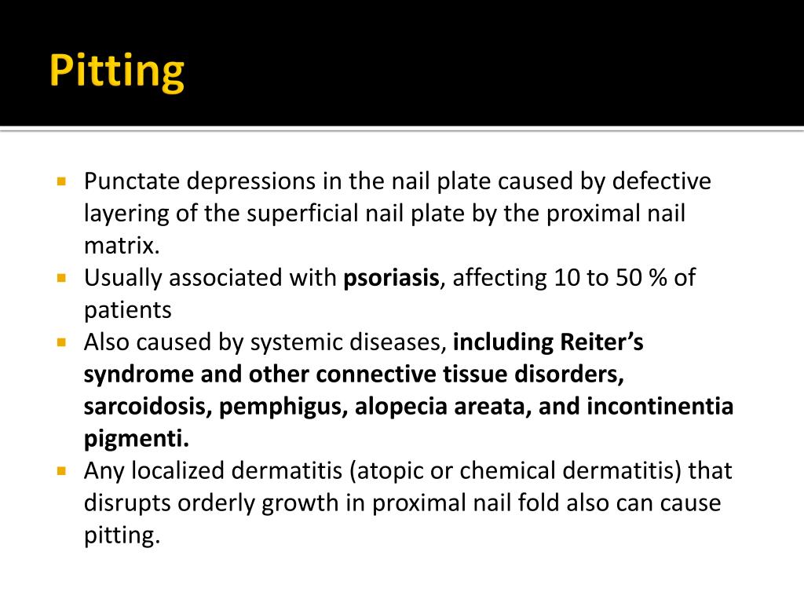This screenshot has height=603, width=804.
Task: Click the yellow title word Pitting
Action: point(116,72)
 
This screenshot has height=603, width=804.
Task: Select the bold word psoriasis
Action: point(391,278)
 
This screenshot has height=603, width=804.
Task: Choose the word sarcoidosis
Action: point(148,407)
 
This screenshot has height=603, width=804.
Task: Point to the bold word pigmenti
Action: point(137,438)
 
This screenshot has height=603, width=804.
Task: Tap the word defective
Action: point(661,182)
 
